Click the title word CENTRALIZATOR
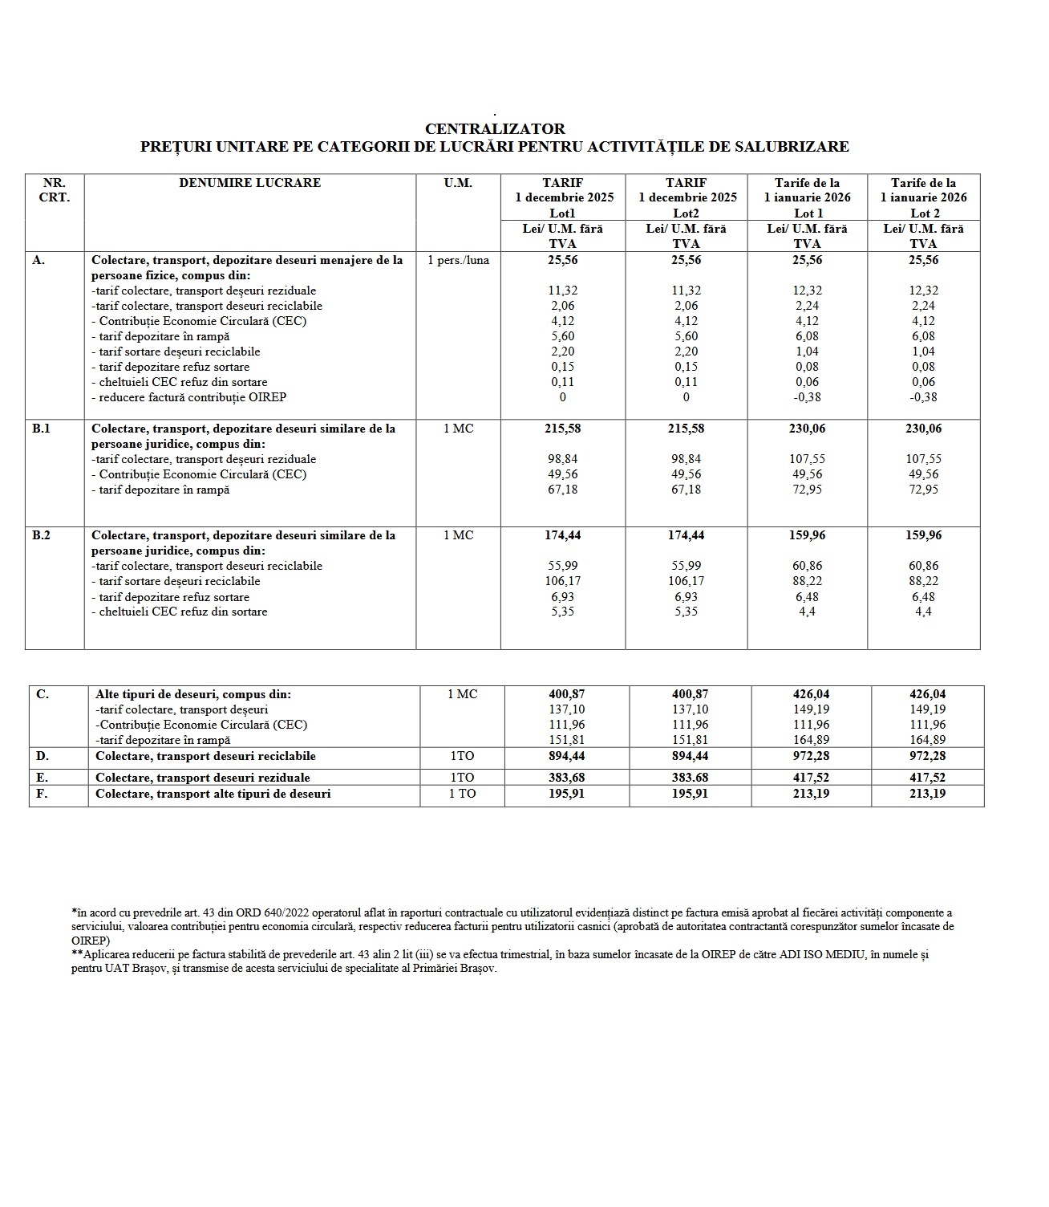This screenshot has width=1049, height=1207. tap(495, 128)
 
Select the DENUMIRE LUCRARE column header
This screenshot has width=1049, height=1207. tap(249, 183)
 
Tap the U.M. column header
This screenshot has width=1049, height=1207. tap(458, 183)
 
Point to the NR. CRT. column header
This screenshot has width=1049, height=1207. tap(55, 190)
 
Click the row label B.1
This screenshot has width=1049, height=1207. tap(42, 429)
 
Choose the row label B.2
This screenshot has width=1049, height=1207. tap(42, 535)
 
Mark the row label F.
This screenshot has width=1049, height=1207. tap(43, 794)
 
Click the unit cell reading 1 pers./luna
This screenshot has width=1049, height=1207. tap(459, 260)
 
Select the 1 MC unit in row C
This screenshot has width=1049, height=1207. tap(463, 694)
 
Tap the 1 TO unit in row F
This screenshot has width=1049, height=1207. tap(463, 794)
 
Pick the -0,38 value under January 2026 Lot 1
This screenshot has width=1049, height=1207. tap(808, 397)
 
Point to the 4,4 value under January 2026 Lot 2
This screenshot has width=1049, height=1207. tap(924, 612)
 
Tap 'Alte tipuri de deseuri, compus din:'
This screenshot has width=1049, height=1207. tap(193, 694)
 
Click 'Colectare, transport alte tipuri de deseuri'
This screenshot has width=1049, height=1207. tap(213, 794)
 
